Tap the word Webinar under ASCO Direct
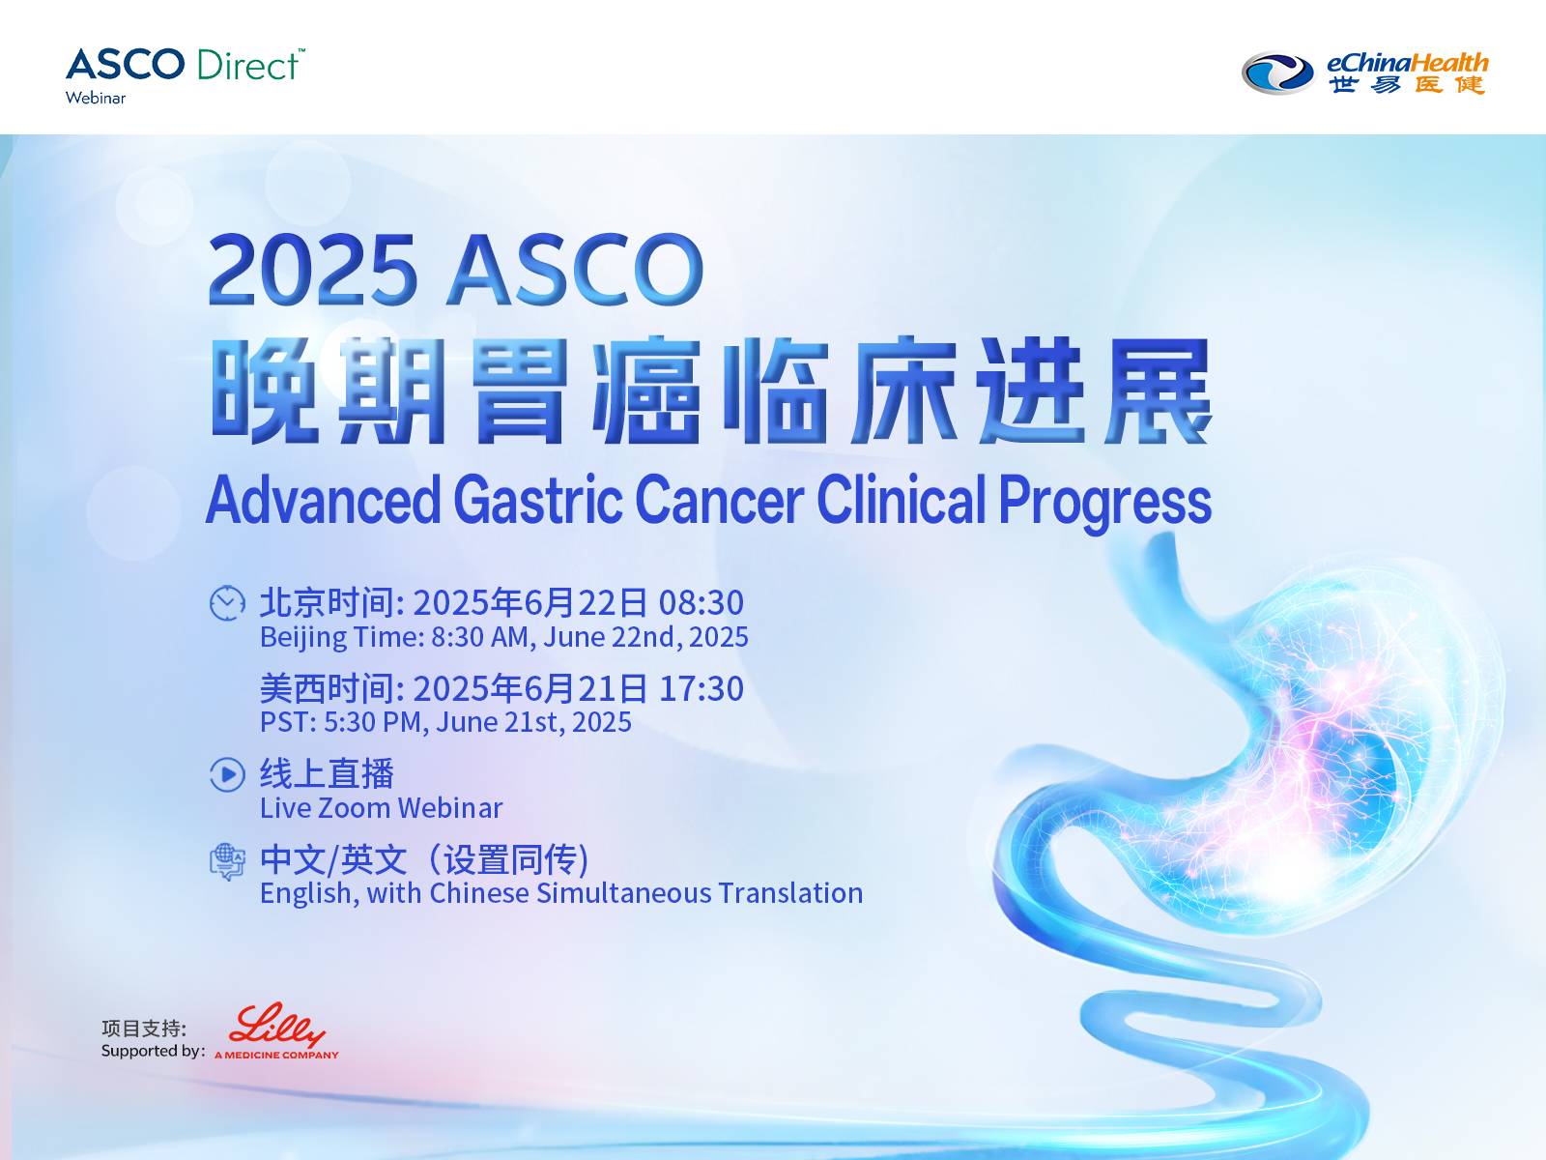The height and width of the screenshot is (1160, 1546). tap(95, 98)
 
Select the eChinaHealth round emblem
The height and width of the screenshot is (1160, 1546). tap(1277, 73)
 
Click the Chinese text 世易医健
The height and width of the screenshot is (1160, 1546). tap(1407, 84)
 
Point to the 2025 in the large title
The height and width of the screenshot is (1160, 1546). tap(313, 270)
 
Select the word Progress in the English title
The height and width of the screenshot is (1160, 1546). tap(1104, 503)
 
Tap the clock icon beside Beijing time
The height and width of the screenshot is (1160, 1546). tap(227, 603)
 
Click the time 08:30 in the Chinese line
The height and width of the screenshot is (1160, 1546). tap(701, 603)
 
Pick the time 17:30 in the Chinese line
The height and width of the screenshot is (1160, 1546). tap(701, 689)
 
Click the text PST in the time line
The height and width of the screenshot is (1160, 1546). tap(284, 722)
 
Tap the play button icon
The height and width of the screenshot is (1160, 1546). tap(227, 774)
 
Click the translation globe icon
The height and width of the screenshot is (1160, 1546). tap(227, 861)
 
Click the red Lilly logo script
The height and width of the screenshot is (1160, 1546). tap(276, 1025)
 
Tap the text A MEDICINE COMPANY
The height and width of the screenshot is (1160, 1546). tap(276, 1055)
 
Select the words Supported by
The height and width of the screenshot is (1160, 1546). tap(153, 1052)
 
